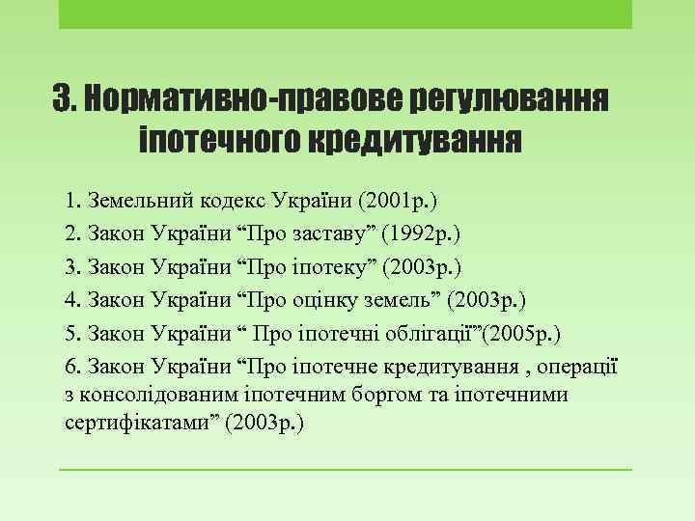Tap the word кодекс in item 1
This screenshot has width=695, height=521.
coord(231,203)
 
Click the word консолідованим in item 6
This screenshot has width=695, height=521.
coord(166,396)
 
